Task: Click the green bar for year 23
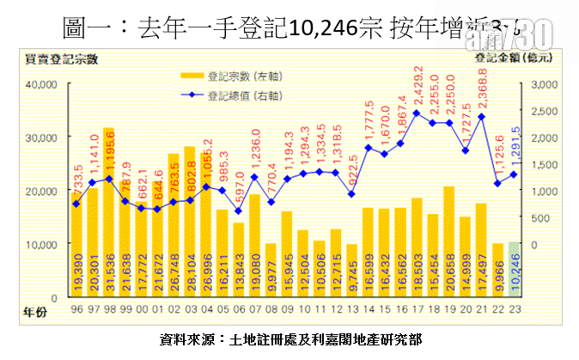[x=514, y=270]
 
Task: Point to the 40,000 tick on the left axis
[x=40, y=84]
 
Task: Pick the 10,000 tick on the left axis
[x=40, y=244]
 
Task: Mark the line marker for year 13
[x=351, y=194]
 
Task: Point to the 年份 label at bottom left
[x=34, y=308]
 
